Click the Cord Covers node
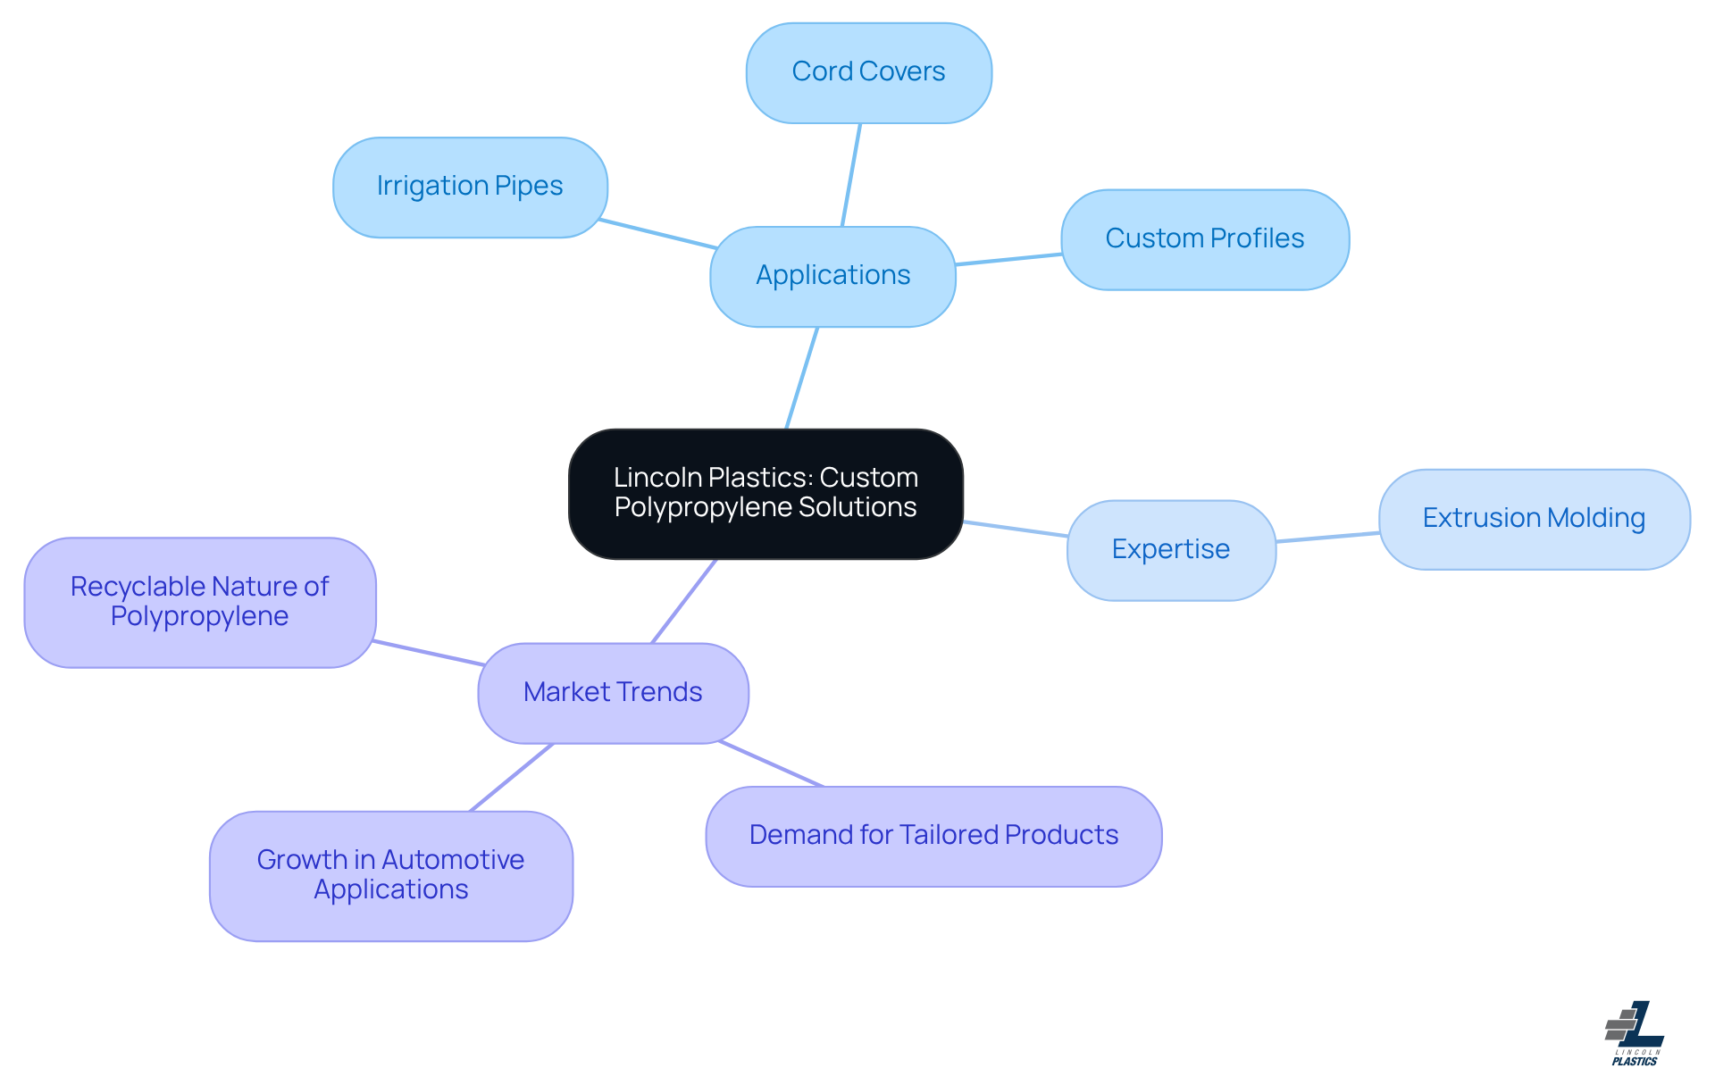tap(868, 72)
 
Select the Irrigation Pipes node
tap(470, 187)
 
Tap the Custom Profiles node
tap(1204, 238)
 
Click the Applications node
tap(832, 276)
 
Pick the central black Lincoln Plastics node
tap(765, 493)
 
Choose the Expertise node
tap(1170, 549)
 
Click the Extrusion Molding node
tap(1534, 519)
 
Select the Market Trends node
tap(613, 692)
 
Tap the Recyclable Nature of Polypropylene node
tap(199, 601)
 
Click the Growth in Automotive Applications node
tap(390, 875)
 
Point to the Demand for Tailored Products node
tap(933, 836)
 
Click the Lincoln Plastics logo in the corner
tap(1635, 1033)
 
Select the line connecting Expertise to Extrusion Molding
tap(1327, 537)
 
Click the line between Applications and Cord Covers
tap(851, 175)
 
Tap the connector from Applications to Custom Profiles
tap(1008, 259)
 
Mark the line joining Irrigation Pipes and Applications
tap(658, 234)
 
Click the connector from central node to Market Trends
tap(684, 601)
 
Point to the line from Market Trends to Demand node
tap(771, 764)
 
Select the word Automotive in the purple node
tap(453, 860)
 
